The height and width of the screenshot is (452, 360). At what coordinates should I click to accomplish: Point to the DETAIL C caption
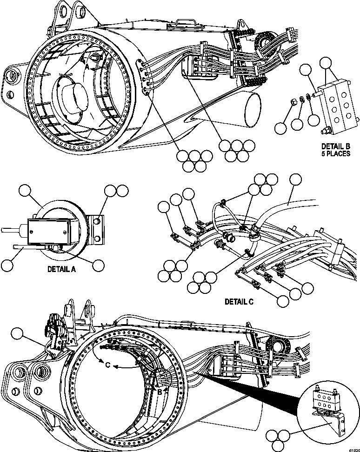[x=239, y=301]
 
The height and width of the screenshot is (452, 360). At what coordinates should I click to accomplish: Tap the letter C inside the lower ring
[x=107, y=365]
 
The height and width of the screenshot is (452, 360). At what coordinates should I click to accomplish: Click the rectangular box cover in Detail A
[x=49, y=231]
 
